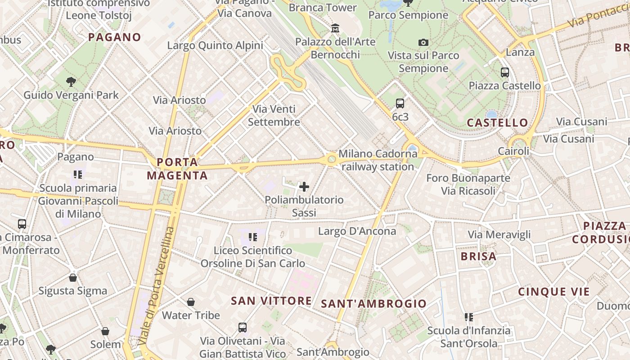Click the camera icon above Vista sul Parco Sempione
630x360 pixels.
point(423,42)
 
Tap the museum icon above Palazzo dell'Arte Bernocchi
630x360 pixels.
point(335,28)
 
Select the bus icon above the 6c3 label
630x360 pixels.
point(400,103)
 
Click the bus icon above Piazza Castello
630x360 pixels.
point(504,72)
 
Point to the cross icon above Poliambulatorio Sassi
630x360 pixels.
point(304,186)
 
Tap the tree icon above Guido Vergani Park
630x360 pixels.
point(71,82)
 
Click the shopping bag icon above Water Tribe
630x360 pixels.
point(191,302)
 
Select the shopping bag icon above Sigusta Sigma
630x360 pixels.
point(73,278)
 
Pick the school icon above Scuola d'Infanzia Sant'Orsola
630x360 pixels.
point(468,317)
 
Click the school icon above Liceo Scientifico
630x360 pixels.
point(252,237)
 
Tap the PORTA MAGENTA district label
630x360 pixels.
point(177,169)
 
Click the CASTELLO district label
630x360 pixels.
point(497,122)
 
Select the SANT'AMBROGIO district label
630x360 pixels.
point(373,304)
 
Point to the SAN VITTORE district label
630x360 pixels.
point(271,301)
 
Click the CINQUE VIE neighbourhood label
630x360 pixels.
point(553,292)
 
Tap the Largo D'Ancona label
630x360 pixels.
point(357,231)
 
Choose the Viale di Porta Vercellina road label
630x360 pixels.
point(156,286)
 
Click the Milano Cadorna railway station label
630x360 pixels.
point(378,160)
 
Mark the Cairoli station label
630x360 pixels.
point(514,151)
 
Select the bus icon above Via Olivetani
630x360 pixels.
point(242,328)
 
